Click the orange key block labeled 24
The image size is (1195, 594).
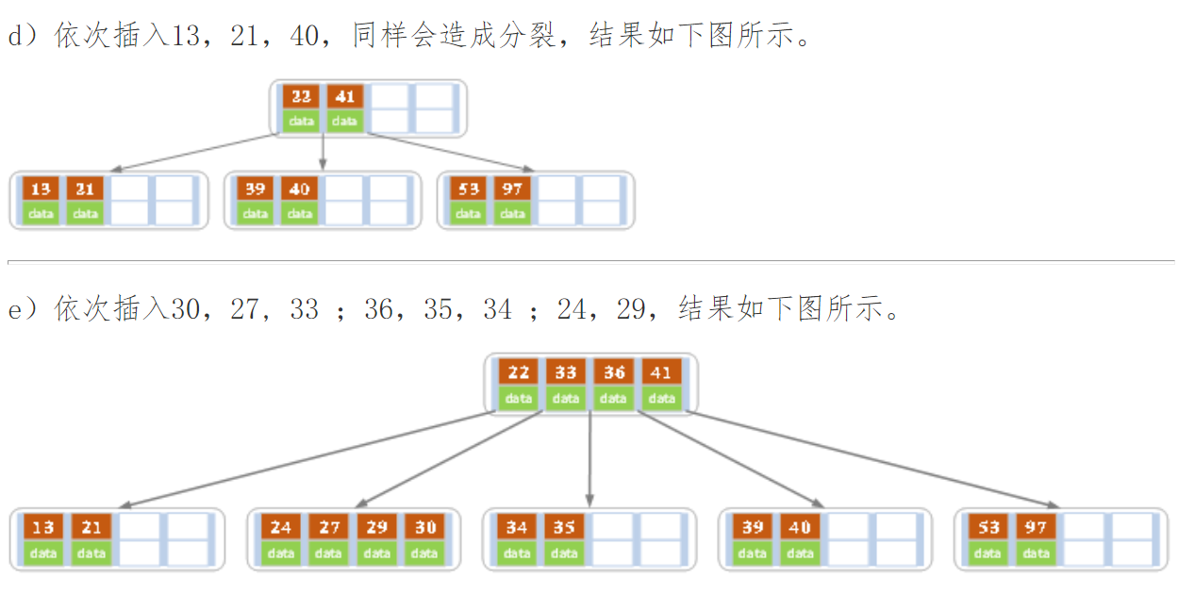click(280, 527)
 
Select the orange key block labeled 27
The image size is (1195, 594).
click(328, 527)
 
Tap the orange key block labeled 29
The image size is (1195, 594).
click(376, 527)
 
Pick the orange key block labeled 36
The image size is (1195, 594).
click(614, 372)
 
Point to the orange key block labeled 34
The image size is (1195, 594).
click(516, 527)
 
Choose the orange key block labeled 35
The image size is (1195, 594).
click(564, 527)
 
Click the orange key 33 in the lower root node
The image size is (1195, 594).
click(566, 372)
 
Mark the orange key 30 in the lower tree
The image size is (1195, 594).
click(424, 527)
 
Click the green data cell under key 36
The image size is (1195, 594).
click(614, 398)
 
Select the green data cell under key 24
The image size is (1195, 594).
click(280, 553)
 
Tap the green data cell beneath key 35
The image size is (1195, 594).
click(564, 553)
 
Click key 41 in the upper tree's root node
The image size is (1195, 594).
click(345, 96)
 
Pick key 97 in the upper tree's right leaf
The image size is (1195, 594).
click(512, 189)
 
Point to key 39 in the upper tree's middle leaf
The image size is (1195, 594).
click(255, 189)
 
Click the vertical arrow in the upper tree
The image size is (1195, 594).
click(323, 151)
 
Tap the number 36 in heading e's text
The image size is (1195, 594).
click(378, 309)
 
